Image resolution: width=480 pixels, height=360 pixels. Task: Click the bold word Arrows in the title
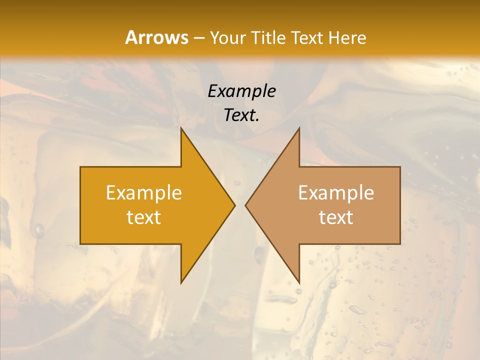tap(156, 37)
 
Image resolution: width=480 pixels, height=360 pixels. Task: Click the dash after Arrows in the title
tap(199, 38)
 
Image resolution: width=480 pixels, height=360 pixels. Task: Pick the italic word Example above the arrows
tap(242, 91)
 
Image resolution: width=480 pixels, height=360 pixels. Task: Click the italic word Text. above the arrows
tap(242, 115)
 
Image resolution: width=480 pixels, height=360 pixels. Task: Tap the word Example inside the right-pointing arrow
tap(144, 192)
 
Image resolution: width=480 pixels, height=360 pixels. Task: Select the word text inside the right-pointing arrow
tap(144, 217)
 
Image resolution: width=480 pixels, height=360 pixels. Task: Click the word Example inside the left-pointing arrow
tap(336, 192)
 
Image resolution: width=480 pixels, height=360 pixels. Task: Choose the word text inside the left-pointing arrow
tap(336, 217)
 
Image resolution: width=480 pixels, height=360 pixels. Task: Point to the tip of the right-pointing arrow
tap(234, 205)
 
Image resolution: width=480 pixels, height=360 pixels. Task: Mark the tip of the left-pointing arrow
tap(245, 205)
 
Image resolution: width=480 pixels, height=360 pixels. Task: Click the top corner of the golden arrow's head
tap(181, 128)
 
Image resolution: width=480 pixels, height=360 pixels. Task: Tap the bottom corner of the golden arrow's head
tap(181, 282)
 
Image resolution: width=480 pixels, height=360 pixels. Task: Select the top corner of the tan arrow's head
tap(299, 128)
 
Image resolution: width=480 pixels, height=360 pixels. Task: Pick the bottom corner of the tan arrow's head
tap(299, 282)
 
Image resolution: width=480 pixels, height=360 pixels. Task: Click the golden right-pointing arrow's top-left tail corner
tap(80, 167)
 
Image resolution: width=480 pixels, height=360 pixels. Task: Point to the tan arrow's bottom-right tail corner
tap(400, 243)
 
